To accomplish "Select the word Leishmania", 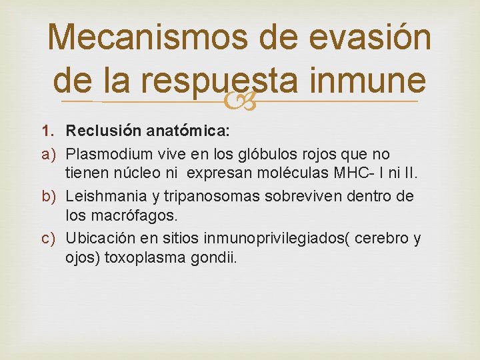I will pyautogui.click(x=103, y=197).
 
